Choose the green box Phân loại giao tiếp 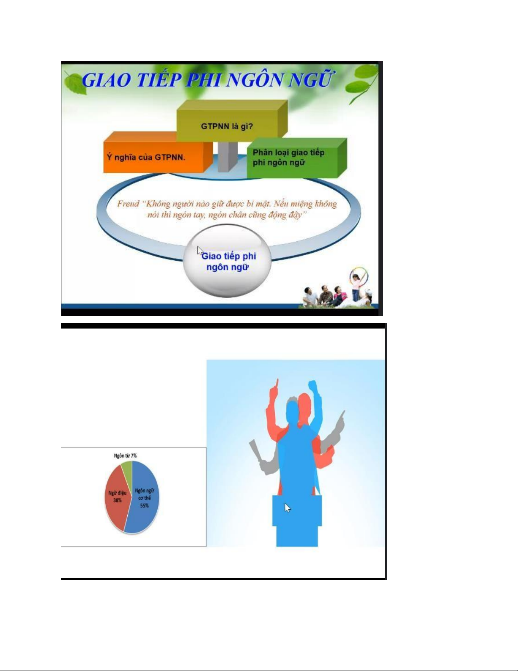click(x=296, y=158)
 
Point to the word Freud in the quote click(x=128, y=204)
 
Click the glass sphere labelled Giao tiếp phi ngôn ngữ click(x=227, y=261)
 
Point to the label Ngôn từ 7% click(x=125, y=456)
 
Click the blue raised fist click(x=313, y=386)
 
